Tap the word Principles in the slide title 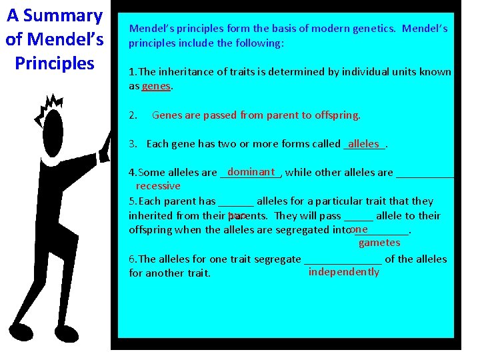click(x=55, y=63)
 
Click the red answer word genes click(x=156, y=86)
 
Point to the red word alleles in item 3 click(x=363, y=143)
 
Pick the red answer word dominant click(x=251, y=171)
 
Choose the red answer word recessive click(x=158, y=186)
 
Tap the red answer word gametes click(x=379, y=243)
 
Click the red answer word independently click(x=343, y=272)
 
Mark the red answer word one click(x=358, y=229)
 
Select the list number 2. click(x=132, y=115)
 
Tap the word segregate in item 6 click(x=279, y=259)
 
